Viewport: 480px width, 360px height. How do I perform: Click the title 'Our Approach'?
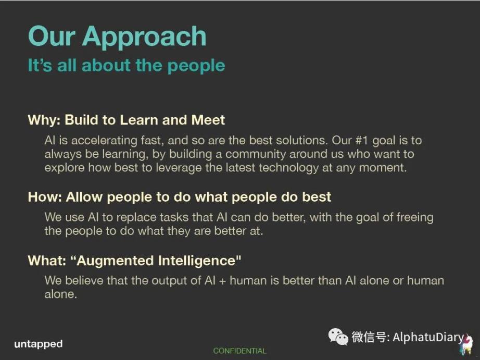coord(117,37)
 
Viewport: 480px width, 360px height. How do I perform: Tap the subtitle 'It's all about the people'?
coord(127,66)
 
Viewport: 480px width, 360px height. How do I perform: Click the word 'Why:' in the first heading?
coord(44,120)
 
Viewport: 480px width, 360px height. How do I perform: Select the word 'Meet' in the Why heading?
coord(208,120)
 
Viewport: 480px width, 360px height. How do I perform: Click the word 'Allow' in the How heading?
coord(84,197)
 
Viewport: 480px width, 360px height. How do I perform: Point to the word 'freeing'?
coord(415,217)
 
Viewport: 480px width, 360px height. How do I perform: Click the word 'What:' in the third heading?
coord(47,260)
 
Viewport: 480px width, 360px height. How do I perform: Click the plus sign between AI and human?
coord(222,281)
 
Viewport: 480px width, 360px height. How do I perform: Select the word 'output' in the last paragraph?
coord(169,281)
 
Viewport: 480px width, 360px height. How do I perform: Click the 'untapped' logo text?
coord(39,344)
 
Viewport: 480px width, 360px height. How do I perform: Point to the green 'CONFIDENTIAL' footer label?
coord(239,351)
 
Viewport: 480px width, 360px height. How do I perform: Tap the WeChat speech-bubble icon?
coord(338,337)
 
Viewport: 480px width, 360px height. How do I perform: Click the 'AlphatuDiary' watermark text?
coord(428,337)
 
